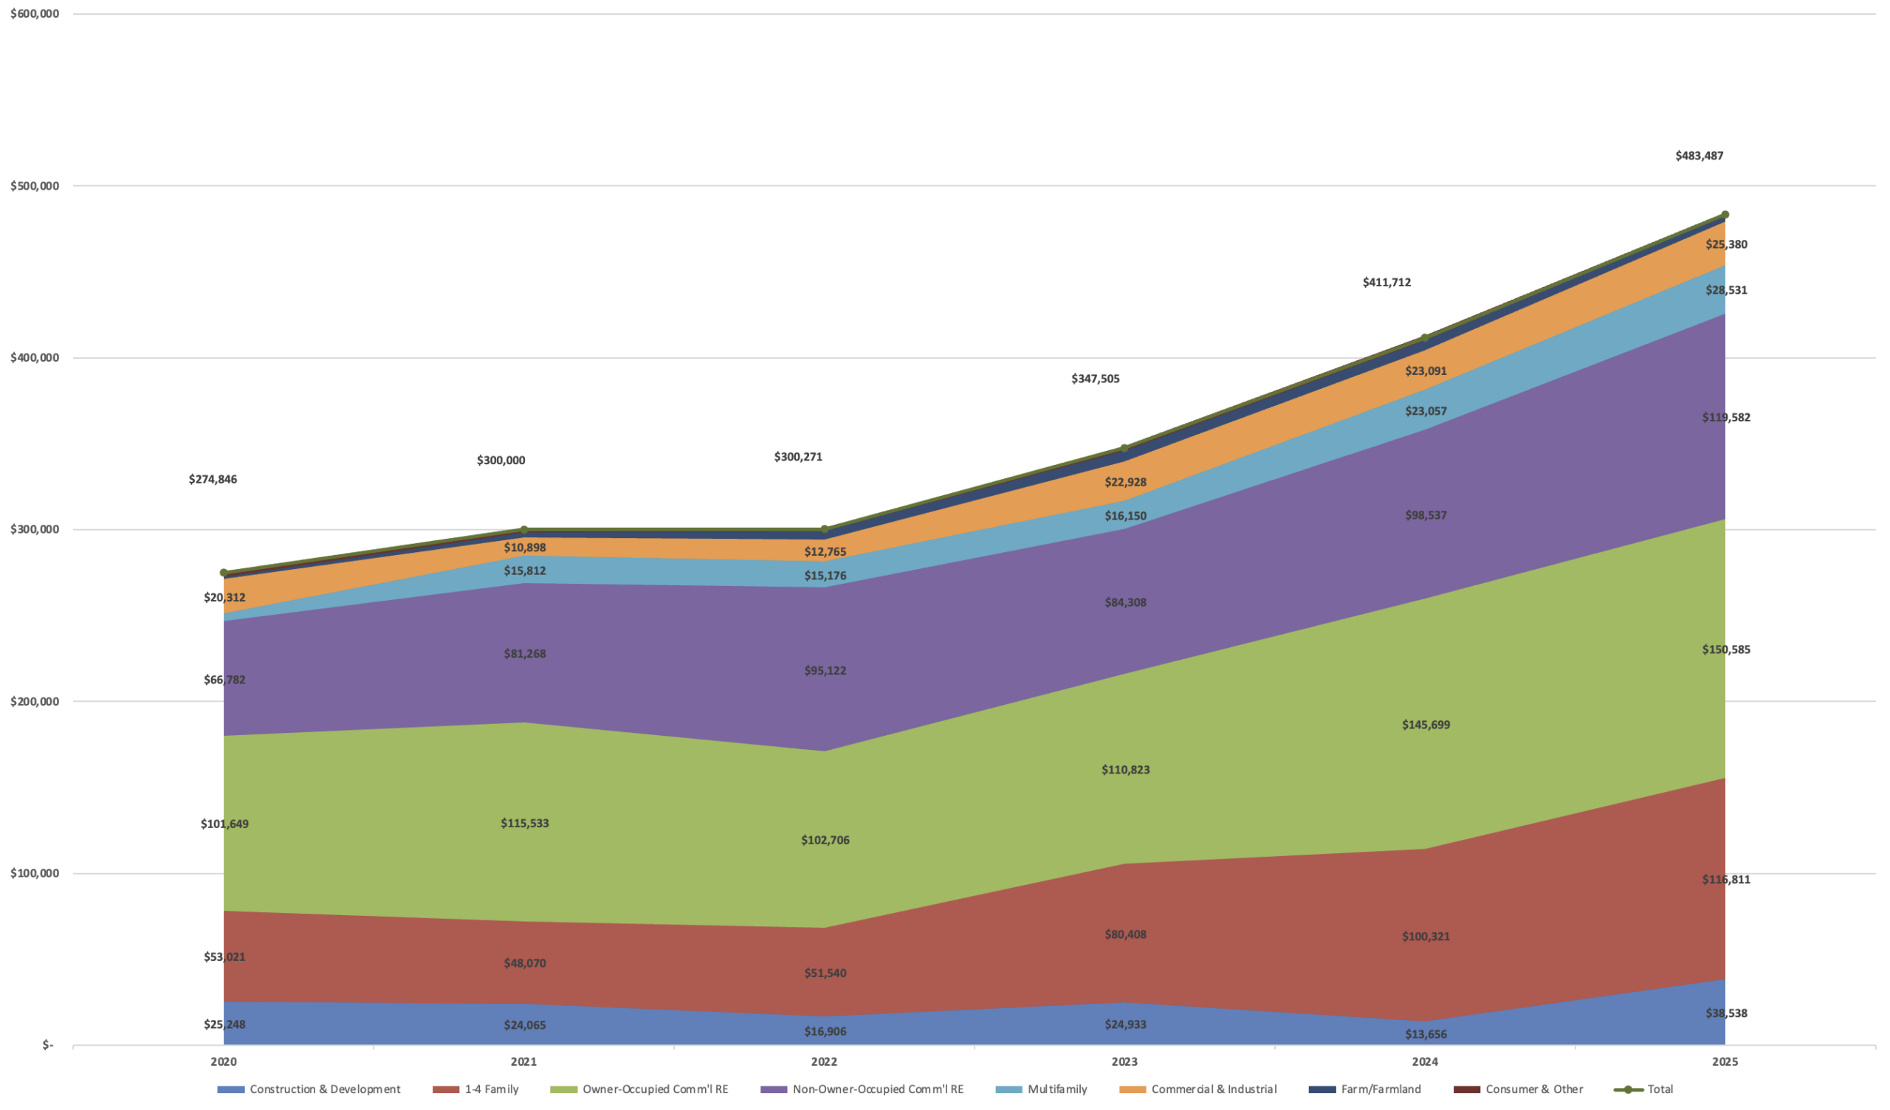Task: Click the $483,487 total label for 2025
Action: click(x=1699, y=156)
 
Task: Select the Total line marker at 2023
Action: click(x=1124, y=449)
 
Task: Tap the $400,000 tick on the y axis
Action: click(x=35, y=358)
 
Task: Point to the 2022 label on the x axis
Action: click(x=824, y=1062)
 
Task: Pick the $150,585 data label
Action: click(x=1726, y=649)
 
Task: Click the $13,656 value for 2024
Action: click(x=1426, y=1034)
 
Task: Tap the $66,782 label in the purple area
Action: click(x=224, y=680)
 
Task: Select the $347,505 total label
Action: click(x=1095, y=379)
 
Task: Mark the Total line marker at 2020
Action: click(x=224, y=573)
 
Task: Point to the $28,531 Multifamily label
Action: click(x=1726, y=290)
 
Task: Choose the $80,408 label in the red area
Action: click(x=1125, y=934)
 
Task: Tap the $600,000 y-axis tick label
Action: click(x=35, y=13)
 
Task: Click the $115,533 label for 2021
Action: click(x=524, y=824)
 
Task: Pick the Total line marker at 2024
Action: click(x=1425, y=338)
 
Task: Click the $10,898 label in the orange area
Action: click(x=524, y=548)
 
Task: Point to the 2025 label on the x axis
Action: click(x=1725, y=1062)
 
